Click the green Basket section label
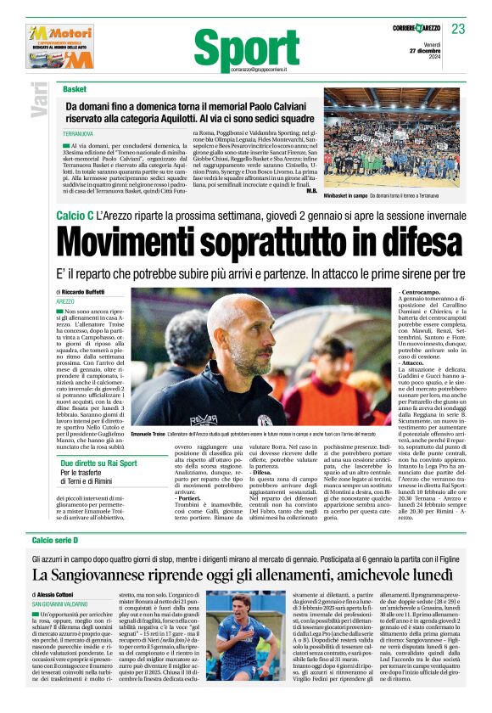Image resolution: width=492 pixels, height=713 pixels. [x=75, y=88]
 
